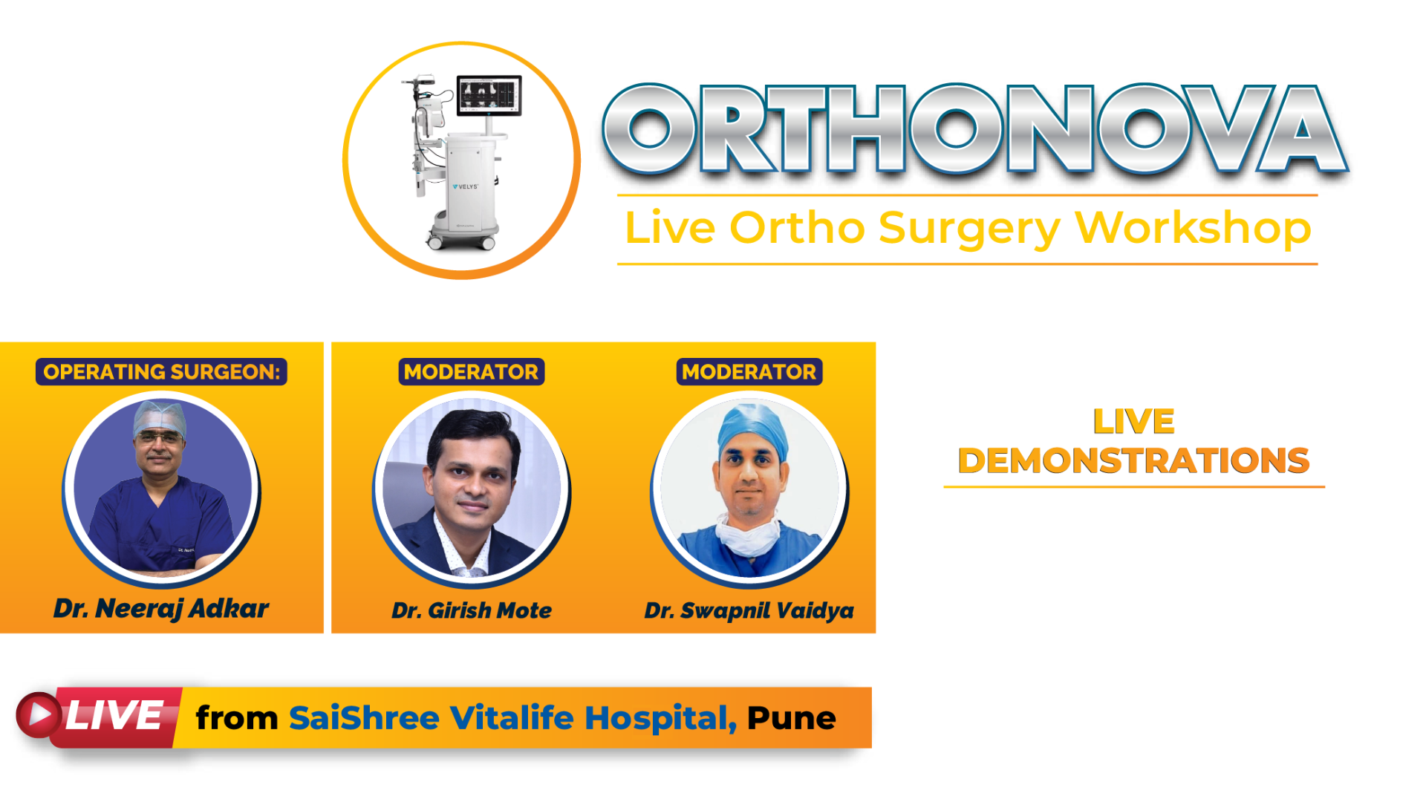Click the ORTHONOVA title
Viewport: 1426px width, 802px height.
coord(975,130)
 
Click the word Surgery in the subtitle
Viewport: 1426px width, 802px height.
coord(969,229)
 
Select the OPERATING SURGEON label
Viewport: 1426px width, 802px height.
coord(161,371)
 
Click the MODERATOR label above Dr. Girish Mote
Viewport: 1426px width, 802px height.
coord(472,371)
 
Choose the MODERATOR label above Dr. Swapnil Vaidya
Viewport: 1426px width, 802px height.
coord(749,371)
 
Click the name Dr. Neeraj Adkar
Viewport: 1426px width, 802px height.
coord(161,609)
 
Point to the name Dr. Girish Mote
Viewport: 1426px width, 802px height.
coord(472,610)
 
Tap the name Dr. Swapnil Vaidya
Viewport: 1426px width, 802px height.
coord(749,611)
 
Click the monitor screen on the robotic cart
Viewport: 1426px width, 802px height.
coord(489,95)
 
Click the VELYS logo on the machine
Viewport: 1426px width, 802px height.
coord(466,186)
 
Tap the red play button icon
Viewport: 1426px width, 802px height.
coord(38,715)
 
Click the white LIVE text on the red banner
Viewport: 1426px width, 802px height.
coord(114,716)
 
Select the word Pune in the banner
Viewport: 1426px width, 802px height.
coord(792,718)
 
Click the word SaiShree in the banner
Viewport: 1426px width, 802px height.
coord(364,718)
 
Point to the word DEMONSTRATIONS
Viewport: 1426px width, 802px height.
coord(1134,460)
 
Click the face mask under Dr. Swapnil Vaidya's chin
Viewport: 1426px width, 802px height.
coord(749,537)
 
